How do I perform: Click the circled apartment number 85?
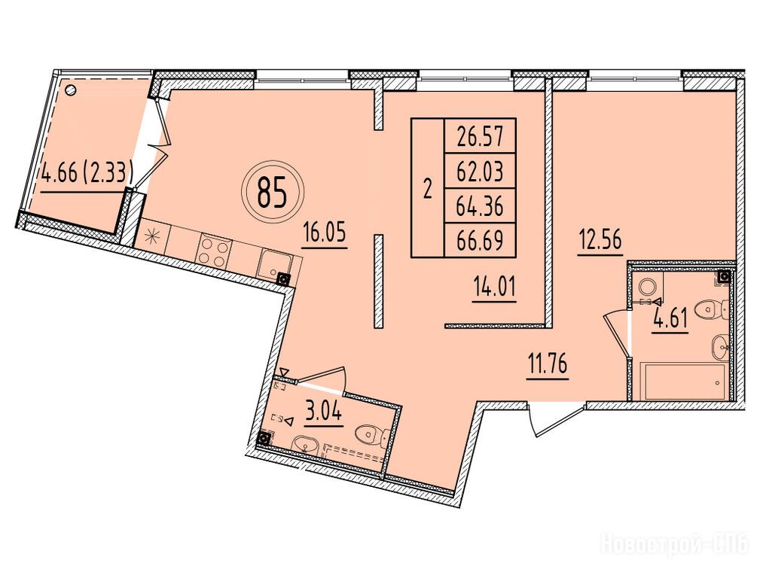click(x=272, y=191)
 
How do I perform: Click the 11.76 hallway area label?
click(x=547, y=364)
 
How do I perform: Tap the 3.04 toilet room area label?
click(x=324, y=412)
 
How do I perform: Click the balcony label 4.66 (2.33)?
click(x=87, y=173)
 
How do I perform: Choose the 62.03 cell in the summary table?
click(x=480, y=171)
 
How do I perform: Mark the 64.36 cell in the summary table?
click(x=480, y=206)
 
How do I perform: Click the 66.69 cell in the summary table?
click(x=480, y=240)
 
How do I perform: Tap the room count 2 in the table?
click(x=428, y=188)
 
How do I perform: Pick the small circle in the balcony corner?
click(x=70, y=89)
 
